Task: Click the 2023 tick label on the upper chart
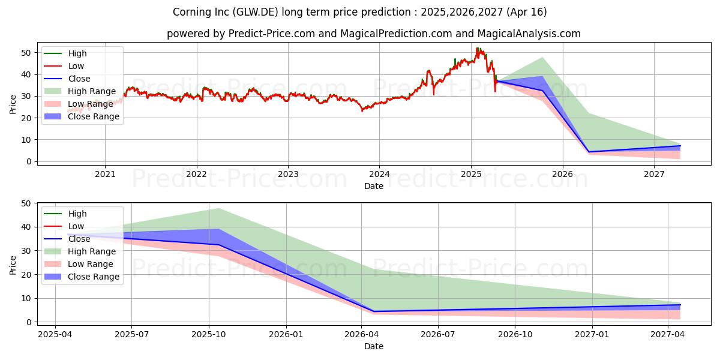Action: [288, 174]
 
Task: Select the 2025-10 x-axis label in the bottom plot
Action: [209, 334]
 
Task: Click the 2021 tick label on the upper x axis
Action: [105, 174]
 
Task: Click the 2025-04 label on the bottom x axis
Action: [55, 334]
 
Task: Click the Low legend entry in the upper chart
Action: [76, 66]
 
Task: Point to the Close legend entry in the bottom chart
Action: [79, 239]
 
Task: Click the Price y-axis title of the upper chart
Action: [13, 103]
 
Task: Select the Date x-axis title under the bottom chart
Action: [374, 346]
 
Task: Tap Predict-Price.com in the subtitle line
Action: [272, 34]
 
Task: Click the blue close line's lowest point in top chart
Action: [589, 152]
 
